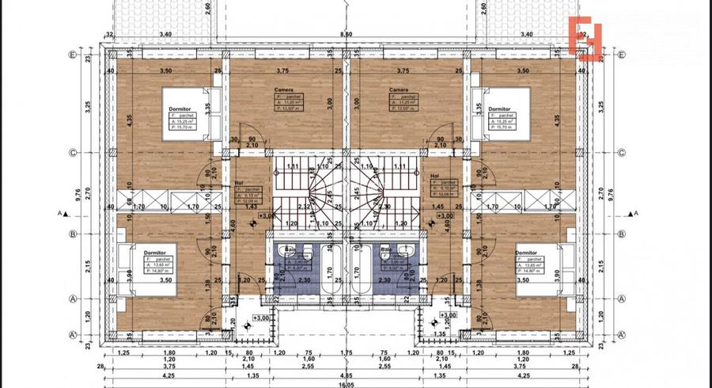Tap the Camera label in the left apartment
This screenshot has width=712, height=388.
coord(284,91)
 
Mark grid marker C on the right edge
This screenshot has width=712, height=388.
coord(622,153)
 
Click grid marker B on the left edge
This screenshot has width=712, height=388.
coord(72,234)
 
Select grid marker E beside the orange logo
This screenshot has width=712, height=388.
coord(622,55)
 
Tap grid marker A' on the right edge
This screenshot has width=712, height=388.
coord(622,335)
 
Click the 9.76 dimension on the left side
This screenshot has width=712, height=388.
coord(77,194)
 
